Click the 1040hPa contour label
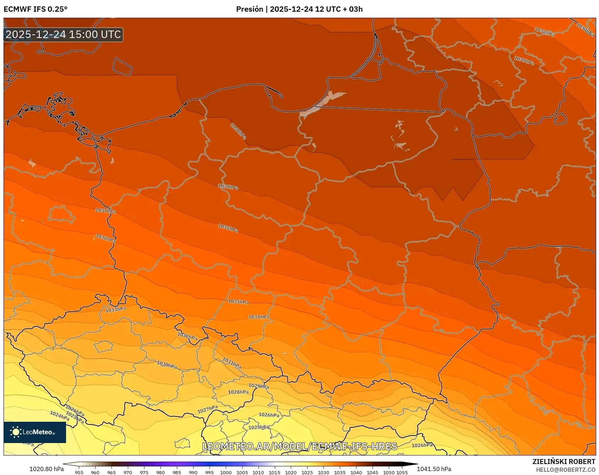[x=238, y=131]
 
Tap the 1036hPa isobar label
[x=105, y=238]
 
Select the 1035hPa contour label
[x=238, y=302]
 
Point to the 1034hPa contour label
[x=258, y=317]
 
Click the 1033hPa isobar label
[x=116, y=310]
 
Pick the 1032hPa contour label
[x=187, y=336]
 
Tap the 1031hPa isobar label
[x=232, y=363]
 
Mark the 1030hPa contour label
[x=167, y=365]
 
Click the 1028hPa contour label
[x=238, y=392]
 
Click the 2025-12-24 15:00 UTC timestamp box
[x=63, y=34]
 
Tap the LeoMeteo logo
[x=34, y=432]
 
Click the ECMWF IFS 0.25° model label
[x=36, y=9]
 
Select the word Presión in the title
[x=250, y=9]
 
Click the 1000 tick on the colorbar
[x=225, y=473]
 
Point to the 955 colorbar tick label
[x=79, y=473]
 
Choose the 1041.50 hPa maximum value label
[x=434, y=469]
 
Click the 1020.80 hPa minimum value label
[x=47, y=469]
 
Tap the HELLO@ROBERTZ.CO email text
[x=565, y=470]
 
